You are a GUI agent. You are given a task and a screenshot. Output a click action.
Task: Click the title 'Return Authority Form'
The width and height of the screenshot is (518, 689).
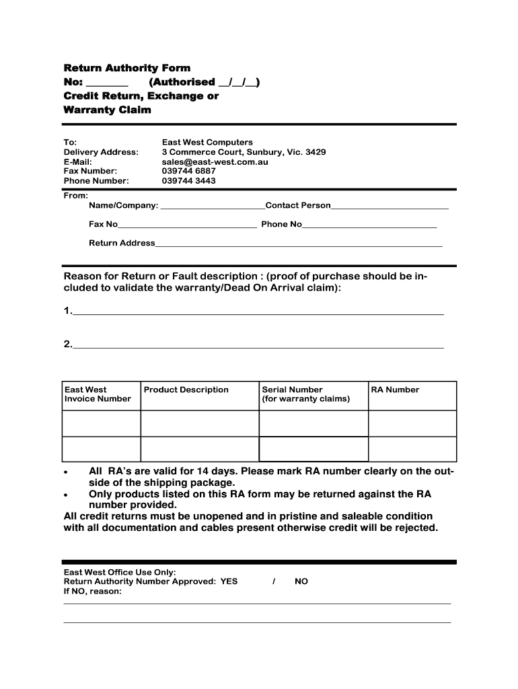tap(126, 68)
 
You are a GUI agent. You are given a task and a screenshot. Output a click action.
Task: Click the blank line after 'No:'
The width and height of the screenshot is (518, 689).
tap(107, 83)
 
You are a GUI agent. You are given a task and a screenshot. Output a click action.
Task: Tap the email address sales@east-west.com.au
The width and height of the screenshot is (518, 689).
tap(215, 162)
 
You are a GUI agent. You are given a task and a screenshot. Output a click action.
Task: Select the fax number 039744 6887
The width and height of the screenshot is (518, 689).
tap(188, 172)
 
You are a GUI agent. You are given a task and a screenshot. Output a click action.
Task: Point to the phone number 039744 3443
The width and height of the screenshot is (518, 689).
tap(188, 181)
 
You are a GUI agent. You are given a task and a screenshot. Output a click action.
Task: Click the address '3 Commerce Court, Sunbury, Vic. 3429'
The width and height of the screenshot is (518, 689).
tap(244, 152)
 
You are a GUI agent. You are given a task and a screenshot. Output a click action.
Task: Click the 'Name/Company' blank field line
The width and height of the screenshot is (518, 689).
tap(213, 207)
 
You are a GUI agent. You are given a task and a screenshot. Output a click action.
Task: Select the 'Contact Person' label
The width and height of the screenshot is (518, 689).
tap(298, 205)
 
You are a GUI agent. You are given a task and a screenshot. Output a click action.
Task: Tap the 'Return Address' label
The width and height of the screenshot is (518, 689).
tap(122, 243)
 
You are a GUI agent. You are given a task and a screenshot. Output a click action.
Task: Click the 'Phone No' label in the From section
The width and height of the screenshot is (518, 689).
tap(281, 224)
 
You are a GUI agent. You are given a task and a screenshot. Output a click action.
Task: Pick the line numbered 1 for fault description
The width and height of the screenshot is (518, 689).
tap(257, 312)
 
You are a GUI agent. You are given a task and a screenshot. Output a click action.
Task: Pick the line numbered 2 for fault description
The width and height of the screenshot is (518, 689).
tap(257, 346)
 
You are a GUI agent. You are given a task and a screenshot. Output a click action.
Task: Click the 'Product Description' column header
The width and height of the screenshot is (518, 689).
tap(186, 390)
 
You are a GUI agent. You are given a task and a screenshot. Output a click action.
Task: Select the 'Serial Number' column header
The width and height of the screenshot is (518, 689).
tap(292, 390)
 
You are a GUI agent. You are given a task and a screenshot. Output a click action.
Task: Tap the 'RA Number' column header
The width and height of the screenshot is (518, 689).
tap(395, 390)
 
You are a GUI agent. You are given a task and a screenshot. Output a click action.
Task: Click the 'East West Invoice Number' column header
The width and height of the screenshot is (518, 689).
tap(98, 394)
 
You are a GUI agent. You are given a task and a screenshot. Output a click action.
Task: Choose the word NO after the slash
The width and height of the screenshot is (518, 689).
tap(301, 581)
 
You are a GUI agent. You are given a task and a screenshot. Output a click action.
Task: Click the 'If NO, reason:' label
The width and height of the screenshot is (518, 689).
tap(92, 591)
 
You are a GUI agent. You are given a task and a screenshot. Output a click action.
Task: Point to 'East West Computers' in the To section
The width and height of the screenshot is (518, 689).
tap(207, 142)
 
